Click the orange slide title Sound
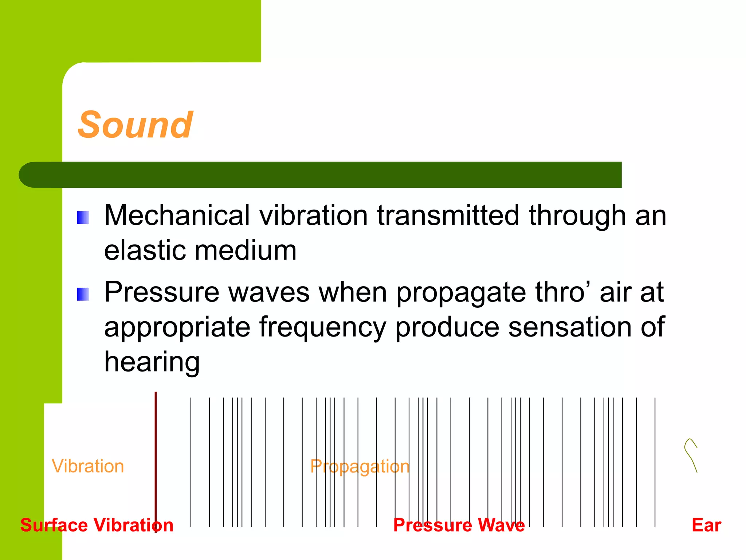(135, 125)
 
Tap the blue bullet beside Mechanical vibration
(83, 218)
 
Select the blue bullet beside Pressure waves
(83, 294)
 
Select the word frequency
(322, 327)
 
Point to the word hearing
(152, 362)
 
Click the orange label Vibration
(88, 466)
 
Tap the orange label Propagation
(360, 466)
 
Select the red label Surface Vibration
(97, 525)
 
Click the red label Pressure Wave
(459, 525)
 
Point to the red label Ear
(706, 525)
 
